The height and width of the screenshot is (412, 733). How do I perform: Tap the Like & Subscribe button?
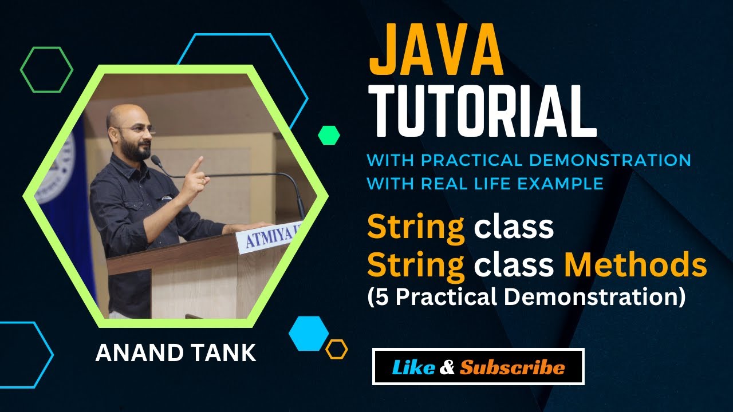coord(478,367)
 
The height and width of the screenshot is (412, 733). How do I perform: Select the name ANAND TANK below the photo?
coord(175,353)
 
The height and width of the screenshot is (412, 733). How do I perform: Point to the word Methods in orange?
coord(636,265)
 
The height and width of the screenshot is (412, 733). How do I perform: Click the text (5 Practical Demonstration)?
coord(526,298)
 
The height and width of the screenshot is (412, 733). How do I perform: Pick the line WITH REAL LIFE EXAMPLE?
coord(485,184)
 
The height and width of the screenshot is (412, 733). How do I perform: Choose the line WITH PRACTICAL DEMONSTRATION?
coord(529,160)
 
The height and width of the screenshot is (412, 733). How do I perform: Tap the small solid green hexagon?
coord(329,135)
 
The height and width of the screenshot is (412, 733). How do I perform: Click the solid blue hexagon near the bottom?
coord(309,333)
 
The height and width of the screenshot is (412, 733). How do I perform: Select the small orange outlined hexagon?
coord(336,349)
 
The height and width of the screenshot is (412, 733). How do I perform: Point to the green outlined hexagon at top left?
coord(46,69)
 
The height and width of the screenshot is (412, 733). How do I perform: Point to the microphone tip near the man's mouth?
coord(155,160)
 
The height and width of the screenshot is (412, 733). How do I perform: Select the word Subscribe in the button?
coord(512,367)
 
